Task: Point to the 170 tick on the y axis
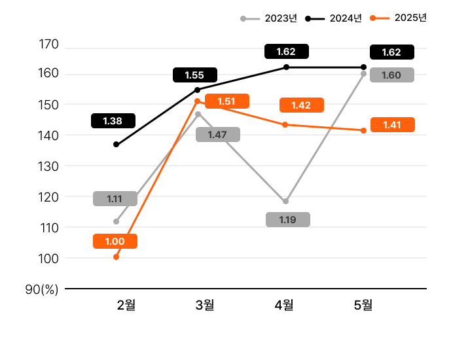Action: click(49, 45)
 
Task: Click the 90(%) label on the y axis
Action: click(42, 289)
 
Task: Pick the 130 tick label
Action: click(49, 166)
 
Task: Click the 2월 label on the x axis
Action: click(126, 304)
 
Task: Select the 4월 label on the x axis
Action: click(284, 304)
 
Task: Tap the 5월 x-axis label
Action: click(363, 304)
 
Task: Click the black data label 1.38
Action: click(113, 121)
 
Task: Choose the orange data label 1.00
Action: click(115, 242)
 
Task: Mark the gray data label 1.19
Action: click(288, 220)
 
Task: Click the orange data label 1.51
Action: click(226, 101)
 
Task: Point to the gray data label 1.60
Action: click(391, 75)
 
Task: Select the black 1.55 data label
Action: click(194, 75)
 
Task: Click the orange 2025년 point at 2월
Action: click(117, 257)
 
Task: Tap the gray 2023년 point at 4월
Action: click(285, 201)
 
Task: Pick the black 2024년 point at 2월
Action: click(117, 145)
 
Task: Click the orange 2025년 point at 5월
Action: click(363, 130)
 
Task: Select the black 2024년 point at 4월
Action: click(285, 67)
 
